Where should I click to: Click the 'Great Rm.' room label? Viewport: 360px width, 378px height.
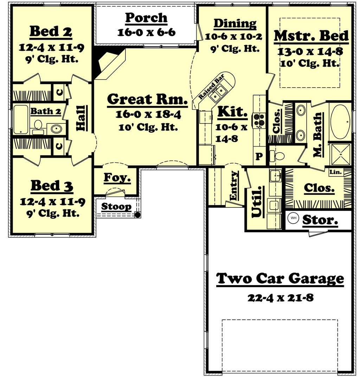(147, 100)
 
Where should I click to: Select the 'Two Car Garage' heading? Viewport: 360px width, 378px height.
(280, 278)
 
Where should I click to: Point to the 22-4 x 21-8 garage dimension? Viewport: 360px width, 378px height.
(280, 298)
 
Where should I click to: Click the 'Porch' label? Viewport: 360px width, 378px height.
(146, 18)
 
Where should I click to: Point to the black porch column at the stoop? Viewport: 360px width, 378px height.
(138, 214)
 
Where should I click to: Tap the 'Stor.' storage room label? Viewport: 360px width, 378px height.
(320, 220)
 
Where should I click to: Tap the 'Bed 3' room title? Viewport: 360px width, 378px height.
(52, 186)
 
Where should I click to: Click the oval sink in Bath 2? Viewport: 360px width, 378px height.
(56, 129)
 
